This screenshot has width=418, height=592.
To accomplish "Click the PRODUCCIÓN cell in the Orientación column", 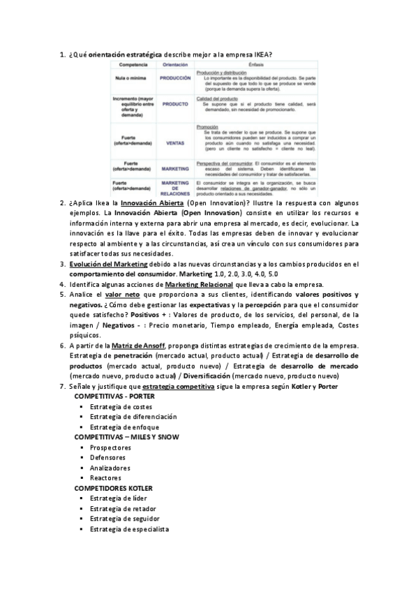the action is click(175, 79).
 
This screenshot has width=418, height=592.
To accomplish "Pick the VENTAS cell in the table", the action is click(175, 142).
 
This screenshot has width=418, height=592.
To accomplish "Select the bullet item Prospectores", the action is click(110, 447).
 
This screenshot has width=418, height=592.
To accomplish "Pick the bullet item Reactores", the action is click(107, 478).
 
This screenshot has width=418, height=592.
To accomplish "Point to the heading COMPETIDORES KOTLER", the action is click(114, 488).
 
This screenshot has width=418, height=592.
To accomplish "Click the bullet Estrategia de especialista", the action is click(130, 529).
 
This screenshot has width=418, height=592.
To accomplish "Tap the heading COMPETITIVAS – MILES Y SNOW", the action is click(126, 436).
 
